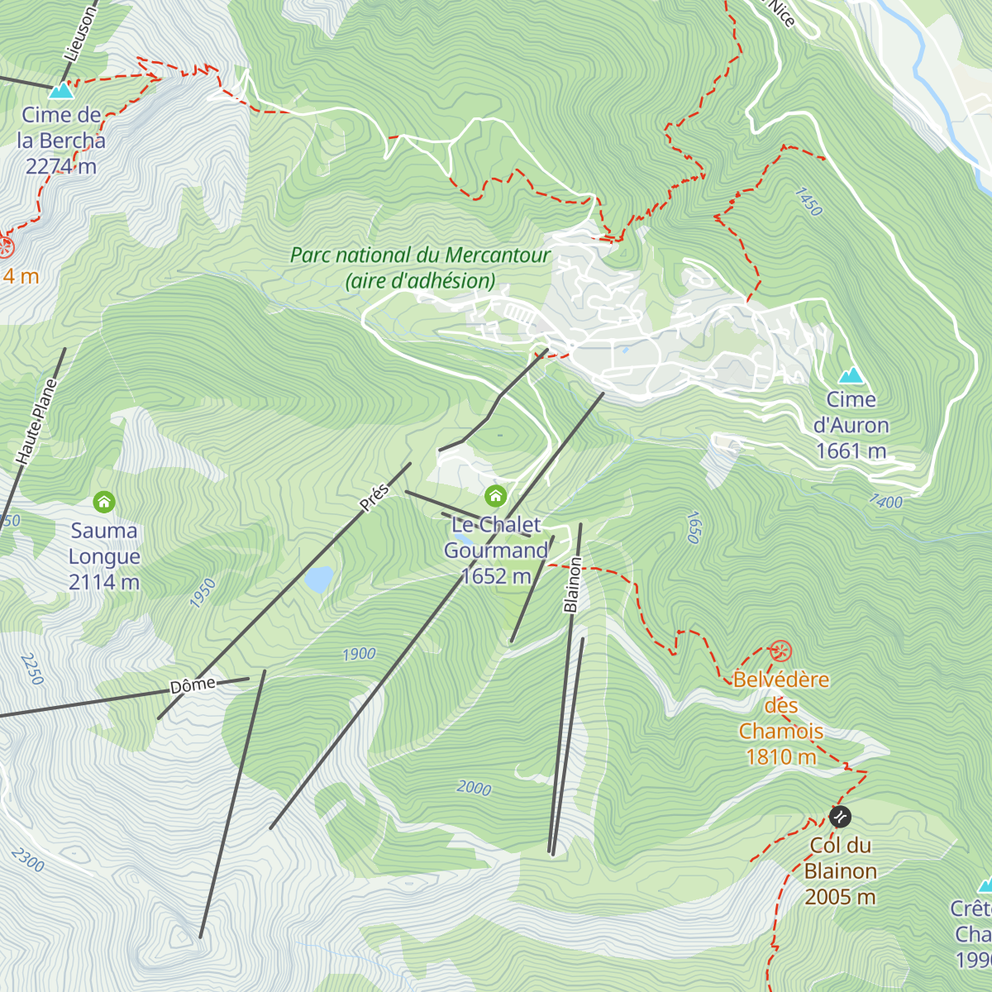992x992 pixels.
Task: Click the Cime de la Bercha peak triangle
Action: pyautogui.click(x=61, y=90)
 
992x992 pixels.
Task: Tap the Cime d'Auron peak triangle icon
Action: pyautogui.click(x=851, y=376)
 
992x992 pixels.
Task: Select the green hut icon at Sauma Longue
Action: pyautogui.click(x=103, y=502)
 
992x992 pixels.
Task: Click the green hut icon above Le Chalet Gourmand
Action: pyautogui.click(x=495, y=496)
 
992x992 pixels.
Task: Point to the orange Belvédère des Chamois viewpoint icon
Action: pyautogui.click(x=780, y=651)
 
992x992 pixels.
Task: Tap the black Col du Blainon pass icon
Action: pyautogui.click(x=840, y=818)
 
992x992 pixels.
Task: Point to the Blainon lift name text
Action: pyautogui.click(x=572, y=584)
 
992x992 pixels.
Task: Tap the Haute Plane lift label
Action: pyautogui.click(x=37, y=421)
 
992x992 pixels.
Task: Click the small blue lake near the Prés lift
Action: pyautogui.click(x=318, y=579)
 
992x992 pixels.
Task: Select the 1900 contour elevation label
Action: pyautogui.click(x=359, y=654)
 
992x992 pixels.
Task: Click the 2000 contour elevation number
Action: pyautogui.click(x=474, y=788)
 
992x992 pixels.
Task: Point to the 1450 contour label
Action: pyautogui.click(x=808, y=202)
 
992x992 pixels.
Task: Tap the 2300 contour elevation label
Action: pyautogui.click(x=27, y=860)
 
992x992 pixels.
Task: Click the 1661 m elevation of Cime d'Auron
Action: pyautogui.click(x=851, y=451)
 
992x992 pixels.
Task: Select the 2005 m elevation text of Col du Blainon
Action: pyautogui.click(x=840, y=897)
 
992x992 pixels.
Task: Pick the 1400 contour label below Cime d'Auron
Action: pyautogui.click(x=885, y=501)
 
